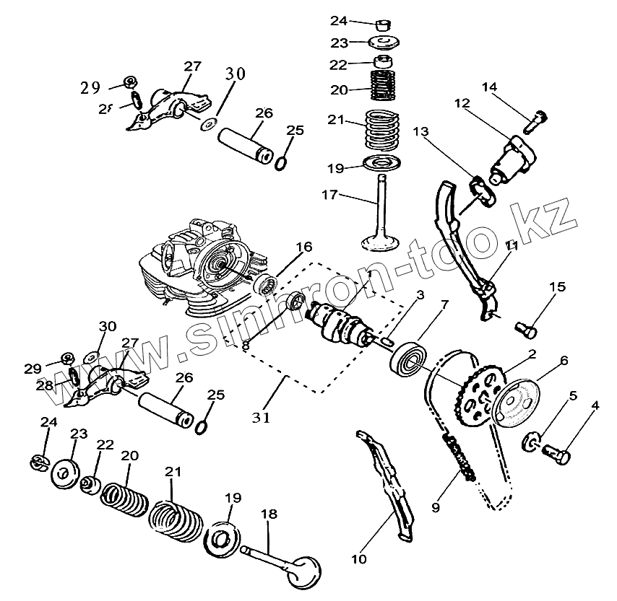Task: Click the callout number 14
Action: [490, 88]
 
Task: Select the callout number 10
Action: [359, 558]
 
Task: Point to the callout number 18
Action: [269, 514]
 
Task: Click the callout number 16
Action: [304, 247]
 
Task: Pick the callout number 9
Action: [435, 507]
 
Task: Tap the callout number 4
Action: [595, 405]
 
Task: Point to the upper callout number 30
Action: [236, 74]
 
